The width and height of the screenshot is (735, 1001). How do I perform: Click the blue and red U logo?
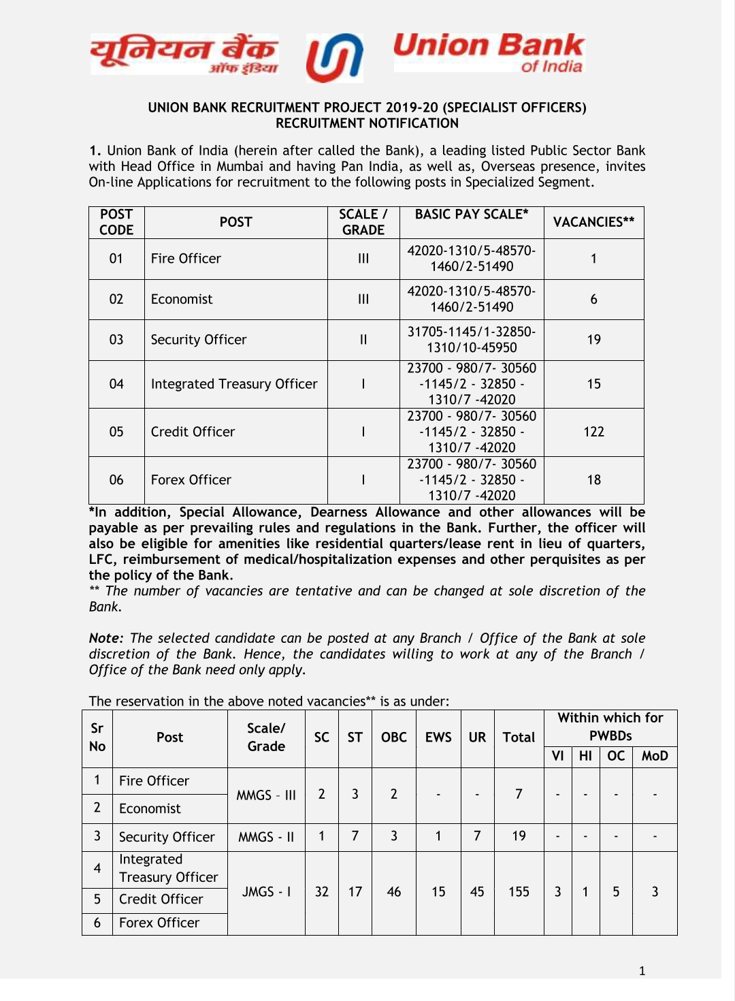[334, 58]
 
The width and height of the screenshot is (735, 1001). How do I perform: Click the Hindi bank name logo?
[184, 54]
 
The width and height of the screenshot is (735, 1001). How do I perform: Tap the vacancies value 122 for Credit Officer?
[593, 432]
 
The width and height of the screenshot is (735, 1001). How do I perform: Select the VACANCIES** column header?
[593, 222]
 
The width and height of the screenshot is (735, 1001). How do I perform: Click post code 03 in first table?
[116, 340]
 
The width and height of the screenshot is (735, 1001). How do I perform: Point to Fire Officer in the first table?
[186, 259]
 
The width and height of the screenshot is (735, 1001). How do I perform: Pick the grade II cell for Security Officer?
[363, 340]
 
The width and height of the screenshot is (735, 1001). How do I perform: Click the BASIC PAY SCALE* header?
[472, 214]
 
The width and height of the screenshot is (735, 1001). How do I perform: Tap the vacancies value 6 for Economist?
[593, 300]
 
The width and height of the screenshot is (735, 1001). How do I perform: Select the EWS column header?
[438, 737]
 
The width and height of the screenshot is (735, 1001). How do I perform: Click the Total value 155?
[519, 892]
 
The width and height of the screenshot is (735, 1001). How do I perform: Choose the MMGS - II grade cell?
[266, 837]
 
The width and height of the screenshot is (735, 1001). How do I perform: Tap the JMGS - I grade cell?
[266, 892]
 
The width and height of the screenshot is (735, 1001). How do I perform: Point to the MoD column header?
[655, 756]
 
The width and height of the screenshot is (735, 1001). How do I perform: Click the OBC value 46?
[393, 892]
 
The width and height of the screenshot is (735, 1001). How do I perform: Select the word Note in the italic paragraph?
[105, 639]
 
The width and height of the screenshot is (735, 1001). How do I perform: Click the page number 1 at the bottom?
[642, 971]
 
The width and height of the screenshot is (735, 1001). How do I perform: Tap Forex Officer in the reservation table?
[159, 923]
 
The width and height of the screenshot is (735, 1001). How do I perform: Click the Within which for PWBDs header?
[610, 727]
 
